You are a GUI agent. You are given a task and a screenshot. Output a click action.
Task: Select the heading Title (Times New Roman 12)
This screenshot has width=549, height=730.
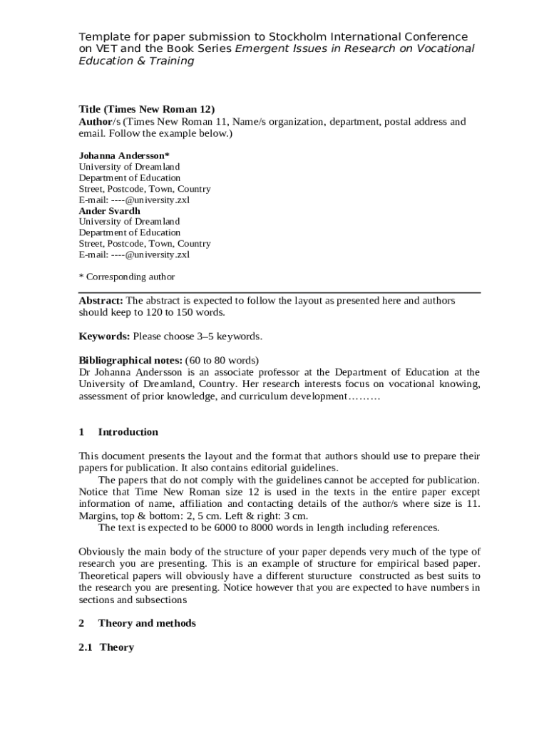click(146, 110)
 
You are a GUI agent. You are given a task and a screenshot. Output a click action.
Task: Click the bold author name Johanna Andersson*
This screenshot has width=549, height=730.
click(124, 155)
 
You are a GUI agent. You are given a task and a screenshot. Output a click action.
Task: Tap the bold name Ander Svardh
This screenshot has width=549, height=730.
click(109, 210)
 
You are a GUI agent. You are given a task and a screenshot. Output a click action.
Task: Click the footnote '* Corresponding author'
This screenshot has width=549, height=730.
click(126, 277)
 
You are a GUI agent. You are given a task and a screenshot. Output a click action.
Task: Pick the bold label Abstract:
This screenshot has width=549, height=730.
click(101, 301)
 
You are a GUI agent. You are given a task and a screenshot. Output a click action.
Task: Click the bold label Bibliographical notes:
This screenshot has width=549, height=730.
click(130, 360)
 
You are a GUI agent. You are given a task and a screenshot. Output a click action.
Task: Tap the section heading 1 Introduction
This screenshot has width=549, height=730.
click(118, 432)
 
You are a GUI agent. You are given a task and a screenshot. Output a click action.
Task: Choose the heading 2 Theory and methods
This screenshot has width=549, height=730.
click(137, 623)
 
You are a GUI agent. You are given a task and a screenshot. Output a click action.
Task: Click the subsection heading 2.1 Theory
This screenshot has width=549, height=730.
click(106, 647)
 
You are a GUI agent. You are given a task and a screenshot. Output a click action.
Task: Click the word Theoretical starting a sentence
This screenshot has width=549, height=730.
click(108, 576)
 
